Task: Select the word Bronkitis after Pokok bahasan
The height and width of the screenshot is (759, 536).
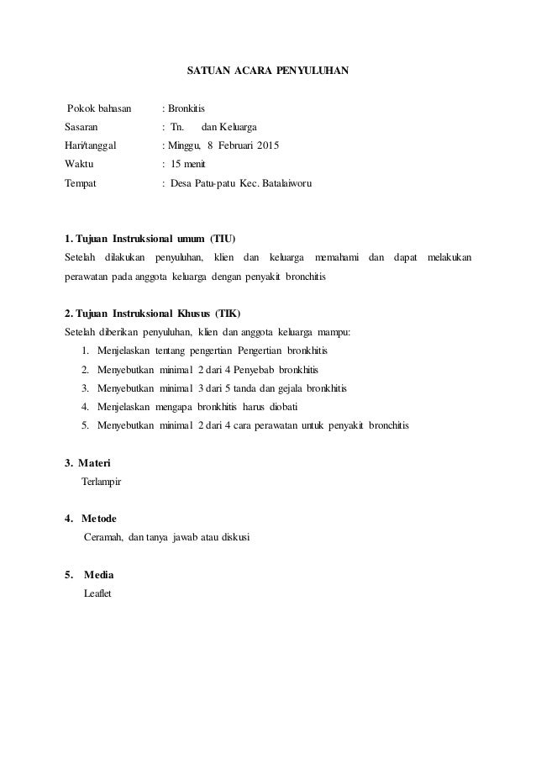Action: coord(186,108)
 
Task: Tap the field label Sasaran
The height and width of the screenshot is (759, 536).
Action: coord(81,127)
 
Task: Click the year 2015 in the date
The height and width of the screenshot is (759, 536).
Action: coord(269,145)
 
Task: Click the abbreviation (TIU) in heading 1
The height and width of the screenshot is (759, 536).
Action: coord(223,237)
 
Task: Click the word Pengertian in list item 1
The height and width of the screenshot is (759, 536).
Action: coord(260,351)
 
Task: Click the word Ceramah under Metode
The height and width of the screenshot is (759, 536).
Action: coord(103,536)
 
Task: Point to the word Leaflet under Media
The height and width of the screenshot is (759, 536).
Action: coord(97,593)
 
